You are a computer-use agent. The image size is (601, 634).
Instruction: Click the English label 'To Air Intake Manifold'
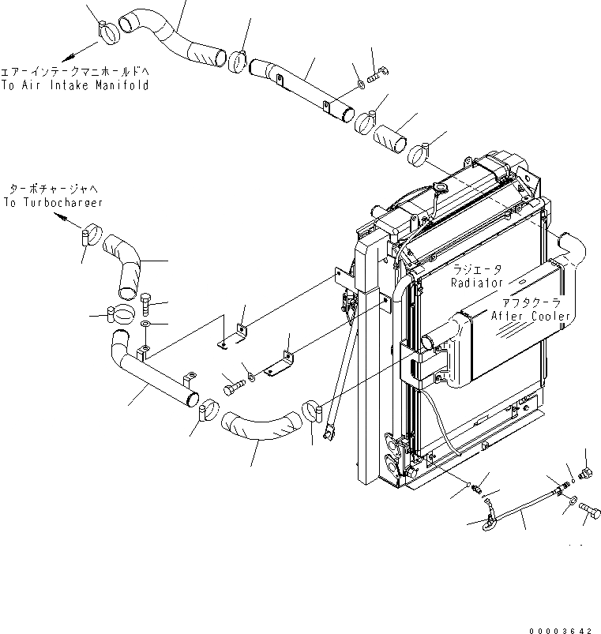tap(75, 85)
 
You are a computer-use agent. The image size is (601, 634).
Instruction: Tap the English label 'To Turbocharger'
tap(53, 203)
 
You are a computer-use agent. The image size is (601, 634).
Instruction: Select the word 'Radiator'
tap(478, 282)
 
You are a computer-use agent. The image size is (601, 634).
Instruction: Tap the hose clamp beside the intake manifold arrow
tap(107, 31)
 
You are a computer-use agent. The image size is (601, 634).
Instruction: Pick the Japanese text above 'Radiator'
tap(478, 268)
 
